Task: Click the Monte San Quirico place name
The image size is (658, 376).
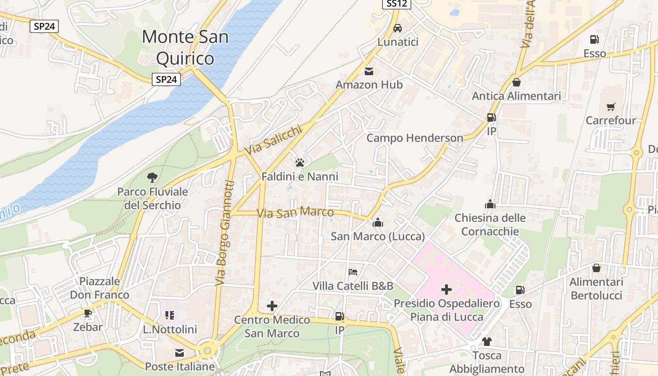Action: pyautogui.click(x=185, y=47)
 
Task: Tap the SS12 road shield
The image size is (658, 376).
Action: pyautogui.click(x=396, y=4)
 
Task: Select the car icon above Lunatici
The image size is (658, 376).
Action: pyautogui.click(x=398, y=28)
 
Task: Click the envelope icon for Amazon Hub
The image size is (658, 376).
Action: pyautogui.click(x=369, y=71)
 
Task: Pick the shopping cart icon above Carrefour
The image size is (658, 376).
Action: pyautogui.click(x=611, y=107)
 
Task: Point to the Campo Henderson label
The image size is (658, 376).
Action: pyautogui.click(x=415, y=138)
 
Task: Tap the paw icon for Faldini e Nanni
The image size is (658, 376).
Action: pyautogui.click(x=300, y=163)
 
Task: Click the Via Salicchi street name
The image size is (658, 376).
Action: pyautogui.click(x=273, y=141)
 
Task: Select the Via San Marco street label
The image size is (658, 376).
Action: pyautogui.click(x=295, y=212)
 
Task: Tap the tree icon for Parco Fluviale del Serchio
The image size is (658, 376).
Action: pyautogui.click(x=152, y=178)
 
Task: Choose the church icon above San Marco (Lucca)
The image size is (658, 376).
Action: pyautogui.click(x=378, y=222)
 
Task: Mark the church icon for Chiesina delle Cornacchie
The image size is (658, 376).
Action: pyautogui.click(x=490, y=204)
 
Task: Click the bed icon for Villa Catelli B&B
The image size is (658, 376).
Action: pyautogui.click(x=353, y=272)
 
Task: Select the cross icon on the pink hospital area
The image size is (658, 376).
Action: pyautogui.click(x=446, y=290)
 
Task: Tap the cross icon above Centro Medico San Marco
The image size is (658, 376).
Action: pyautogui.click(x=272, y=306)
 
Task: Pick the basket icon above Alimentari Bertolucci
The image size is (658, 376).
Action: pyautogui.click(x=596, y=268)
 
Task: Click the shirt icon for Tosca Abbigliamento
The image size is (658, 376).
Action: pyautogui.click(x=486, y=341)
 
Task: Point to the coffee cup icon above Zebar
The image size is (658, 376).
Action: pyautogui.click(x=87, y=313)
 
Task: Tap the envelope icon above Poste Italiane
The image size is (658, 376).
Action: pyautogui.click(x=180, y=352)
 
